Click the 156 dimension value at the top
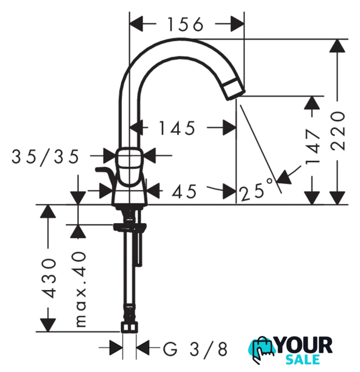(185, 24)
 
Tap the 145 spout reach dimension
(177, 128)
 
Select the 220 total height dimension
(338, 131)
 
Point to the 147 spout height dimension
(312, 146)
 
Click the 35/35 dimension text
(45, 157)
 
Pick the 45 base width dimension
(184, 191)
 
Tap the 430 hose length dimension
(49, 278)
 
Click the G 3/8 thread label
(195, 349)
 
